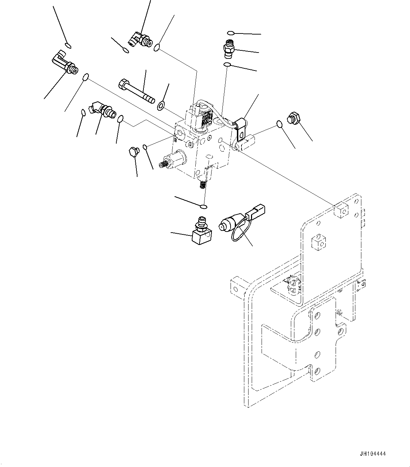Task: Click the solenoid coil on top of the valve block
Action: tap(202, 118)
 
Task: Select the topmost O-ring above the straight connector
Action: tap(230, 33)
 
